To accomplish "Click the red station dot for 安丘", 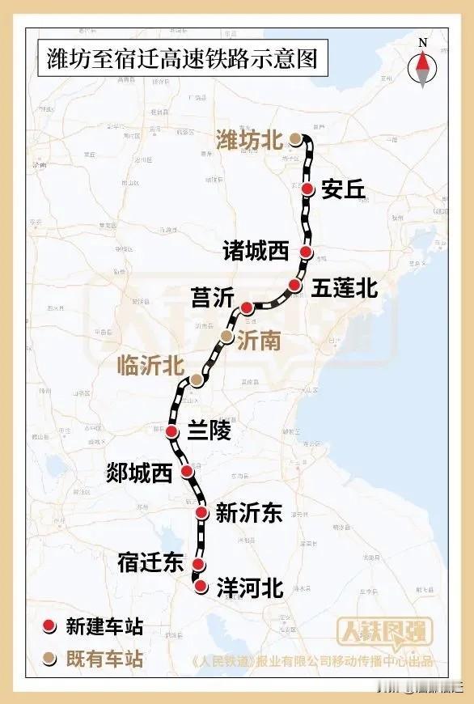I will click(308, 189).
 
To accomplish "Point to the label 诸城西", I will click(256, 252).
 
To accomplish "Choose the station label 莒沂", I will click(212, 297).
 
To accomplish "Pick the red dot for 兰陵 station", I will click(172, 432).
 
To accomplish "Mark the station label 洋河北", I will click(250, 588).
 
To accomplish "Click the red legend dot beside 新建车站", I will click(50, 626).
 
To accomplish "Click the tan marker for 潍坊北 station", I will click(296, 139).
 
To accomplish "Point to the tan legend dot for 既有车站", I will click(50, 659).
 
